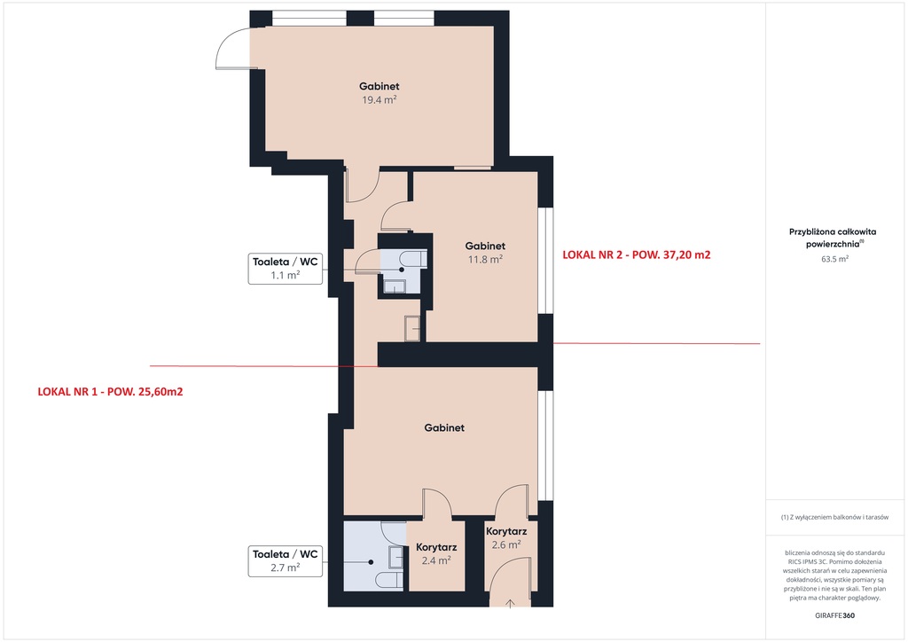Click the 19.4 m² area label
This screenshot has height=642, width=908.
click(x=380, y=99)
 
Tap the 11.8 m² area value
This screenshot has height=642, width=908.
click(x=485, y=259)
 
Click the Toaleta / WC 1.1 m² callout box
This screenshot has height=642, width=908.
click(x=286, y=269)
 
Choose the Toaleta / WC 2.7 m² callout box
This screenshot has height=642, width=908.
click(x=286, y=561)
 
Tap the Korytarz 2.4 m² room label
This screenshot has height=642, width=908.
click(x=436, y=553)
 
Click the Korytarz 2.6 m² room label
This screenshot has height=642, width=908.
click(x=506, y=537)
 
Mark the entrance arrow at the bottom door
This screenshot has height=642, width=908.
click(x=510, y=604)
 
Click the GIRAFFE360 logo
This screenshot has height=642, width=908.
click(x=834, y=615)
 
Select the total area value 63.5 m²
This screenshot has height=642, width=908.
click(x=835, y=259)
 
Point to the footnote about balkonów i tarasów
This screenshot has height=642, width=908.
click(x=834, y=517)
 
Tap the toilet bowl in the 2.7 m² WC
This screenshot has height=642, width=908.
click(x=387, y=580)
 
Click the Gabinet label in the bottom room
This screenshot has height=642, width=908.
click(x=444, y=427)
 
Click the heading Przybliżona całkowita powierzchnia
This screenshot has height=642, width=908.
click(x=833, y=238)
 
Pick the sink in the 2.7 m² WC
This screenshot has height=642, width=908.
click(x=396, y=557)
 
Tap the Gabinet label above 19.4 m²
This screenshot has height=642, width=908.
click(x=380, y=86)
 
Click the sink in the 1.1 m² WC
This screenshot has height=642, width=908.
click(x=395, y=286)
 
